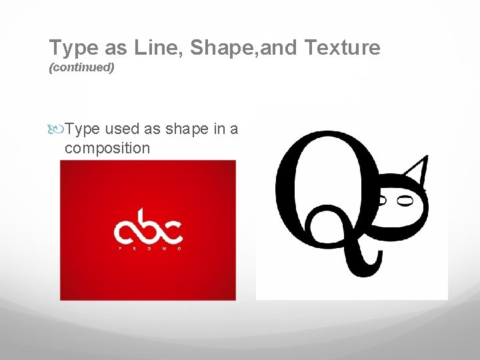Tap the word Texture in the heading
click(x=342, y=48)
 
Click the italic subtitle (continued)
click(x=82, y=68)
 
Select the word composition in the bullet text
click(x=107, y=148)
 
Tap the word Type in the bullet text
click(x=83, y=129)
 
